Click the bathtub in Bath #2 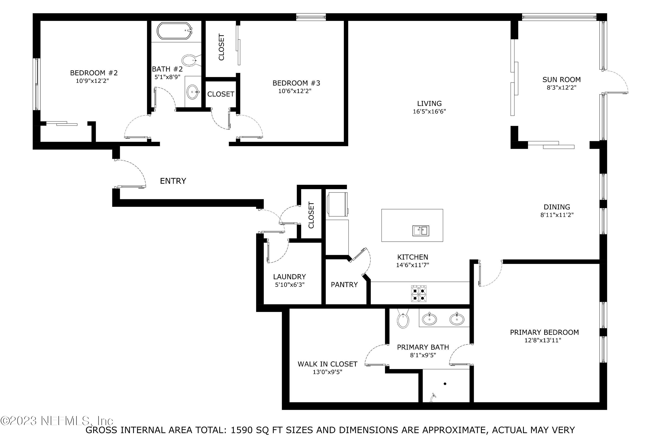174,31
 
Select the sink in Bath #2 193,92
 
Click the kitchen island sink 421,231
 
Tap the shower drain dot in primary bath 445,384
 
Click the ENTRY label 173,181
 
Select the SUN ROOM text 561,80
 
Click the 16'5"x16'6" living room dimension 429,111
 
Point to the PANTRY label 344,285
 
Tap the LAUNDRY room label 289,277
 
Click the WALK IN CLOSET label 327,364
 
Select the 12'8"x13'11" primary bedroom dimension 543,340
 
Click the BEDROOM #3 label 296,83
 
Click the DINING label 557,207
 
